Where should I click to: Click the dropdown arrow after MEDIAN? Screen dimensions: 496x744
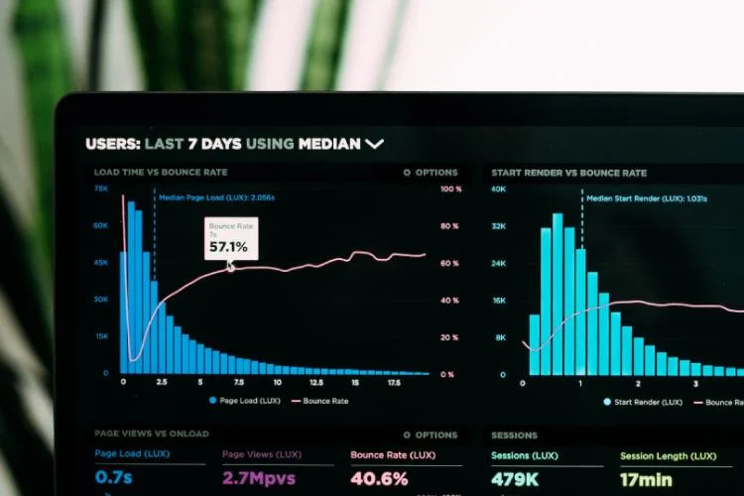click(x=374, y=144)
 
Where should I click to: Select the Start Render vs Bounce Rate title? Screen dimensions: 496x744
click(x=568, y=173)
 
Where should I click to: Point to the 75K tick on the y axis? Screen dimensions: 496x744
click(x=101, y=188)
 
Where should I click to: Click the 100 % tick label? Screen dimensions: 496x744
click(x=450, y=188)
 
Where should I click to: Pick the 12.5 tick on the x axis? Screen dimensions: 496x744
click(x=315, y=382)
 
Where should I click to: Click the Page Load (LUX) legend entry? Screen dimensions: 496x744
click(x=244, y=401)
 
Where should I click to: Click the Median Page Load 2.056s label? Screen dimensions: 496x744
click(x=217, y=197)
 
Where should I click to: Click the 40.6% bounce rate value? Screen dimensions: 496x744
click(x=379, y=479)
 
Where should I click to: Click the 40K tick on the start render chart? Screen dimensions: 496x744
click(x=499, y=188)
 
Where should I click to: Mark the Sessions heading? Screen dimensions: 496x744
click(x=514, y=434)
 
